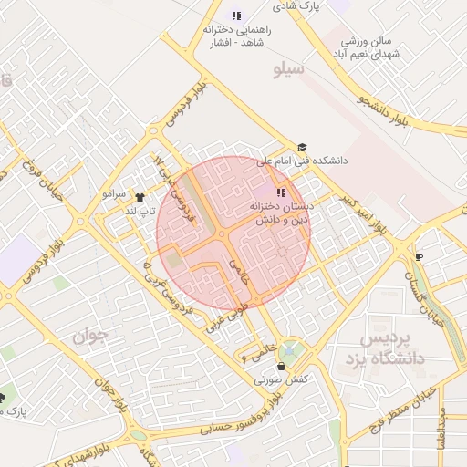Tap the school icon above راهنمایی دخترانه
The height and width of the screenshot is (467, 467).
coord(236,16)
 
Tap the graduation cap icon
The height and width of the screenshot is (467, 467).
coord(302,148)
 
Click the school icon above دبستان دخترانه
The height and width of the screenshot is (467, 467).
coord(281,192)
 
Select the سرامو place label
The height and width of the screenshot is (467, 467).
coord(114,194)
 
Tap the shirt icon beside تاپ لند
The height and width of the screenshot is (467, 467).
coord(140,196)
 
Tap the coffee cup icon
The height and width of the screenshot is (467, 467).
coord(419,256)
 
